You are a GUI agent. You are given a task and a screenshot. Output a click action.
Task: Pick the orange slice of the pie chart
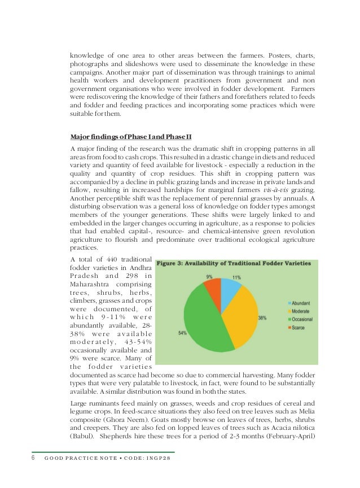(x=213, y=286)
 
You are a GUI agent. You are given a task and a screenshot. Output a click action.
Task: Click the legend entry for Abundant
(x=299, y=303)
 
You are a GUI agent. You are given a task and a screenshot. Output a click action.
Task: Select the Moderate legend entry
(x=299, y=311)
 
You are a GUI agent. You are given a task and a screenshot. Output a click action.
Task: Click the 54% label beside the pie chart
(x=182, y=333)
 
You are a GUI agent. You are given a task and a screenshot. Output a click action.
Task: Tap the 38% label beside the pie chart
(x=262, y=318)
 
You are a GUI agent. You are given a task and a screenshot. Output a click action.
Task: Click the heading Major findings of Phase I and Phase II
(x=131, y=137)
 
